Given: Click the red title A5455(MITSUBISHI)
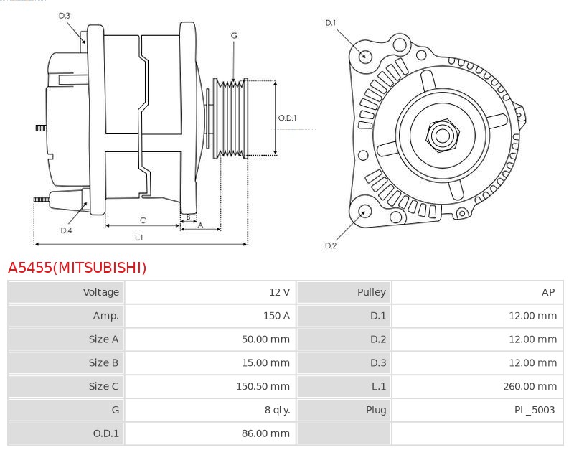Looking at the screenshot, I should click(77, 268).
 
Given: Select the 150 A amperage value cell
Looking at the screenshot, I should click(276, 316).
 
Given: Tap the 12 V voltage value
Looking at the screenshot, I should click(279, 292).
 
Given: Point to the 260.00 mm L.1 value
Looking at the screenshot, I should click(530, 386).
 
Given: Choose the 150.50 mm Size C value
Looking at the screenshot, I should click(263, 386).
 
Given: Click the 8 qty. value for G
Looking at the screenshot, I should click(277, 410).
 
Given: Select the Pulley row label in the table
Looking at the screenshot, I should click(371, 292).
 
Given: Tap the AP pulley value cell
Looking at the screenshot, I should click(548, 292).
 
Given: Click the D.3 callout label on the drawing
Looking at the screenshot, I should click(65, 16).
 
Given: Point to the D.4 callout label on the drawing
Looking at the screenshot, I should click(66, 230).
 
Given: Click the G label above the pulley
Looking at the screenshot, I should click(234, 35).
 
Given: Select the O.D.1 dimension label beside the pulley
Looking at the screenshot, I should click(287, 118).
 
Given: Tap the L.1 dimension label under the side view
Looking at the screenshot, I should click(139, 237).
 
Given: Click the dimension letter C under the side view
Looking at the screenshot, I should click(142, 220).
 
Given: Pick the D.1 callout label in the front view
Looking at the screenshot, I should click(330, 23).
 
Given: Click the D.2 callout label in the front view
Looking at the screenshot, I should click(330, 245).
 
